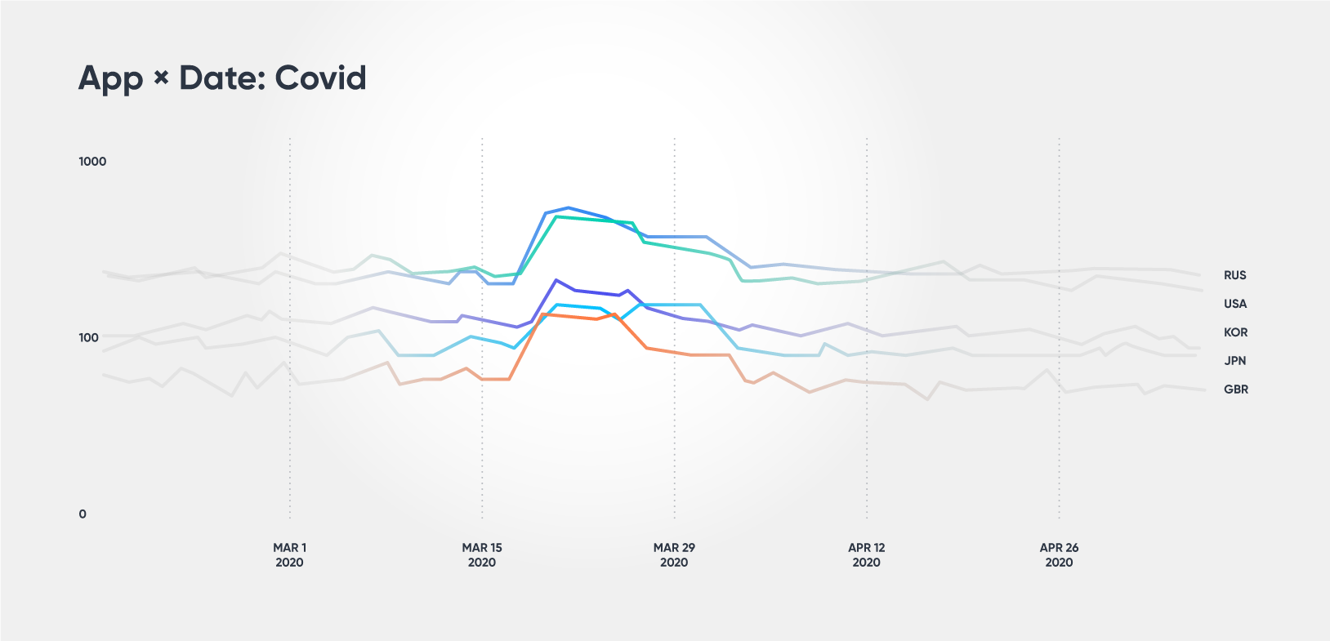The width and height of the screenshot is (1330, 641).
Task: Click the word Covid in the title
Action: (x=320, y=78)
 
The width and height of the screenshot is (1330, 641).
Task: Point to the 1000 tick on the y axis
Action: (x=92, y=162)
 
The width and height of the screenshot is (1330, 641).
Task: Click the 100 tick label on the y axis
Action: (x=88, y=338)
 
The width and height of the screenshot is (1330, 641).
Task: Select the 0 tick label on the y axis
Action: (x=83, y=514)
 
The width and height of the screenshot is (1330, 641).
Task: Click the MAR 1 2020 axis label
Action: (x=289, y=555)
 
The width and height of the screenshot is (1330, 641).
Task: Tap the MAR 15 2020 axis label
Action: (x=482, y=555)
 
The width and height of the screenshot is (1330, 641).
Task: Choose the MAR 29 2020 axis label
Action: (x=674, y=555)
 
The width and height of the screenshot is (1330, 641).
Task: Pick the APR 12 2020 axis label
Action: (x=866, y=555)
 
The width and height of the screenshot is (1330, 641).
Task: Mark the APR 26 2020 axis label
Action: (x=1059, y=555)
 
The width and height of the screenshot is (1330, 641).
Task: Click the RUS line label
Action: (x=1234, y=276)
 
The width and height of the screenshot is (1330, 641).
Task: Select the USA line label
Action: (x=1234, y=305)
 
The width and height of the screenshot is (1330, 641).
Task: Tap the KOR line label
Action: (x=1234, y=333)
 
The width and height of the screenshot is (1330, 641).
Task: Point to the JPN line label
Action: (x=1234, y=361)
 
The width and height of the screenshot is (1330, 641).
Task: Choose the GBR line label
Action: (x=1235, y=389)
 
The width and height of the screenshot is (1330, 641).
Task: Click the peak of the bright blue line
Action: (x=569, y=208)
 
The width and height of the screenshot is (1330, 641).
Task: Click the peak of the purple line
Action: (x=556, y=280)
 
